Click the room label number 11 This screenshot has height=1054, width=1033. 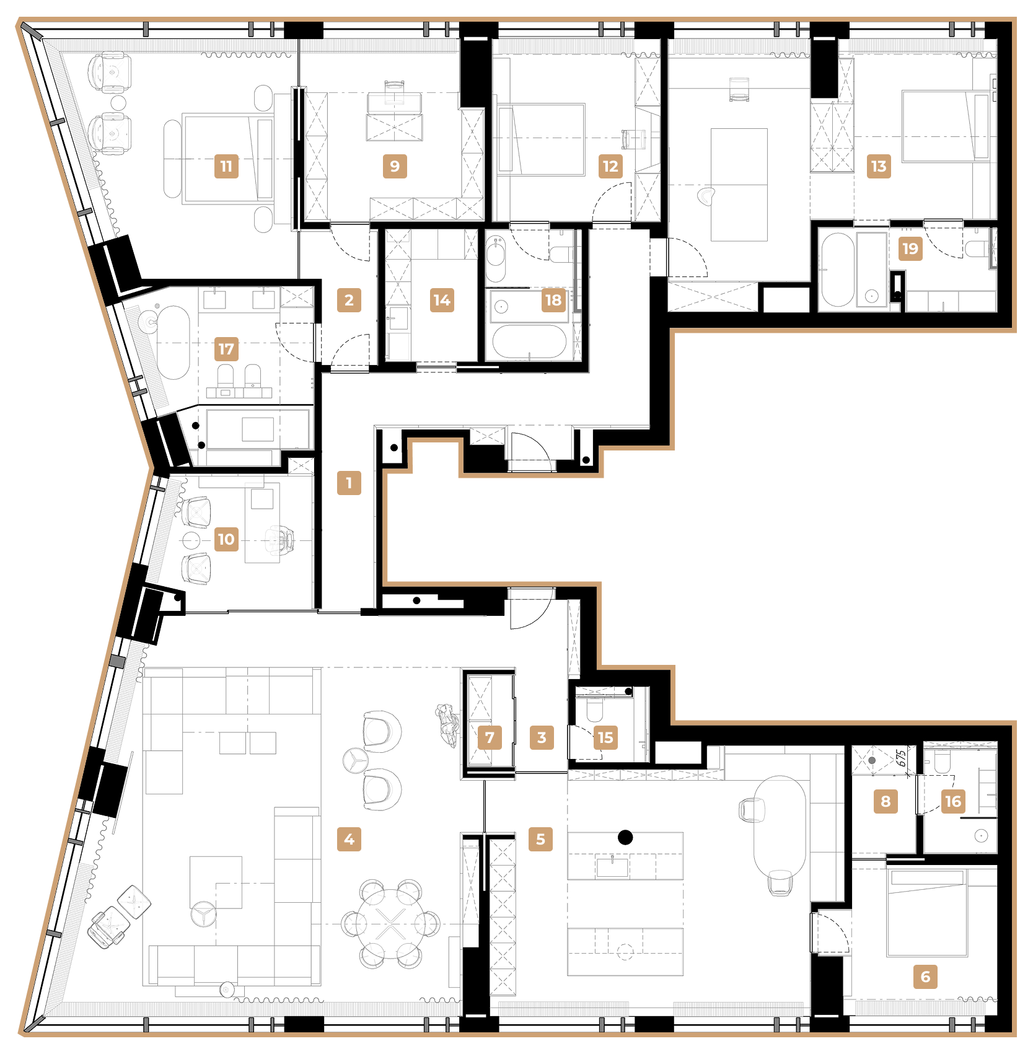click(226, 166)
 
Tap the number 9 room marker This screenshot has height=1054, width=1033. click(395, 166)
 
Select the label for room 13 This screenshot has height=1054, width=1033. click(879, 166)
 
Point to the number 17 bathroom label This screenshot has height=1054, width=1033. click(226, 349)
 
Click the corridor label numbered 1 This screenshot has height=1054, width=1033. click(349, 483)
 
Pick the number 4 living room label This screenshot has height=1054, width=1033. click(349, 839)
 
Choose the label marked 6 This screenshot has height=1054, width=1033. click(925, 977)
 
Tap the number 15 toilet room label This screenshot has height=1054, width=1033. click(605, 737)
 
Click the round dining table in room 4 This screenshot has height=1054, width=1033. click(391, 923)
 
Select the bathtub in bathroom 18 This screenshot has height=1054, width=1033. click(530, 341)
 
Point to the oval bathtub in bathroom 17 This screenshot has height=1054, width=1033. click(172, 342)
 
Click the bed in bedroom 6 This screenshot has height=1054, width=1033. click(927, 913)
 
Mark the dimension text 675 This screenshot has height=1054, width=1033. click(902, 758)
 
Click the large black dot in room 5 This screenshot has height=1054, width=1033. click(625, 838)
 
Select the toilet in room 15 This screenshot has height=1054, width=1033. click(594, 710)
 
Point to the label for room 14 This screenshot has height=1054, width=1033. click(442, 300)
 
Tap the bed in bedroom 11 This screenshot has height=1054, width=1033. click(227, 159)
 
